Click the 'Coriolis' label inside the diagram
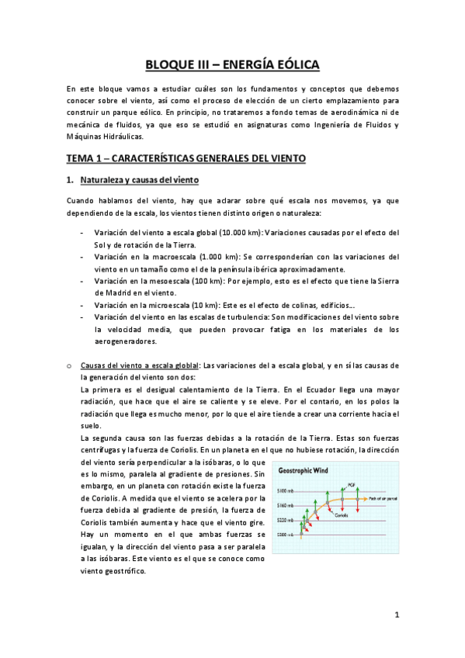click(x=340, y=514)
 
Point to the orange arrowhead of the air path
click(x=365, y=497)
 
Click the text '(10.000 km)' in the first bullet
click(x=220, y=233)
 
